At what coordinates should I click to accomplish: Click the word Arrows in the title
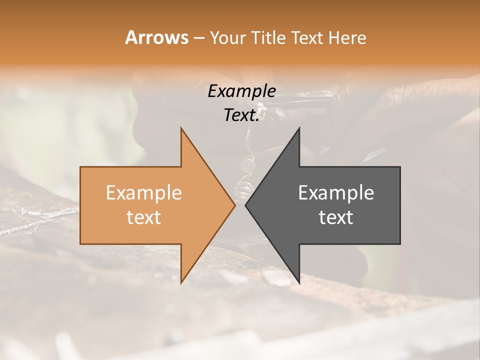click(156, 37)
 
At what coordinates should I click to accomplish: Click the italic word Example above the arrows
click(241, 91)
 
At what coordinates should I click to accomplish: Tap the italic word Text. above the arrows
click(241, 115)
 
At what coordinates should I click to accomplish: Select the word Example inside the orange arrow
click(144, 193)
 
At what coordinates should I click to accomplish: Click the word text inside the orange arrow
click(144, 217)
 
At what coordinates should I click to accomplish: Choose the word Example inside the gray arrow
click(336, 193)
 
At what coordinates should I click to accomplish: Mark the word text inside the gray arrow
click(336, 217)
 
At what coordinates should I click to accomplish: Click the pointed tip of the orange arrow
click(234, 205)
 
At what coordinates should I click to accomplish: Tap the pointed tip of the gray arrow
click(245, 205)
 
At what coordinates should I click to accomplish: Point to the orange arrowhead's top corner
click(181, 128)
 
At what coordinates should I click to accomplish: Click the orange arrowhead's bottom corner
click(181, 283)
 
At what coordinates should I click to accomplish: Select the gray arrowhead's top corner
click(299, 128)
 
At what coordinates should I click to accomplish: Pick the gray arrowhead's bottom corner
click(299, 283)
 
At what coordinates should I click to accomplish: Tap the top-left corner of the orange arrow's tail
click(81, 167)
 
